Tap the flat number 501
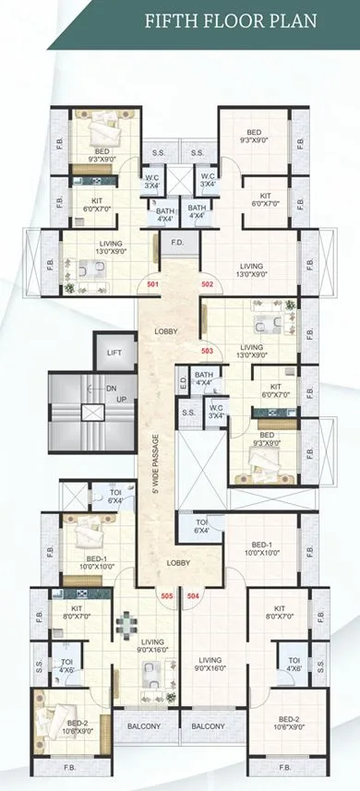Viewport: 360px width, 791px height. point(152,284)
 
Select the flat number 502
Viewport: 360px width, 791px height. point(207,284)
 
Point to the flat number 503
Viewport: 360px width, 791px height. point(207,351)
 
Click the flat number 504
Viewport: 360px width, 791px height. point(193,597)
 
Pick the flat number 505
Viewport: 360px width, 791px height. point(166,597)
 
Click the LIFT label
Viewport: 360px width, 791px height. point(114,353)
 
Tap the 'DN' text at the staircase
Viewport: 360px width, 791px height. point(112,389)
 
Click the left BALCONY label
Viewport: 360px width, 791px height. point(144,726)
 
